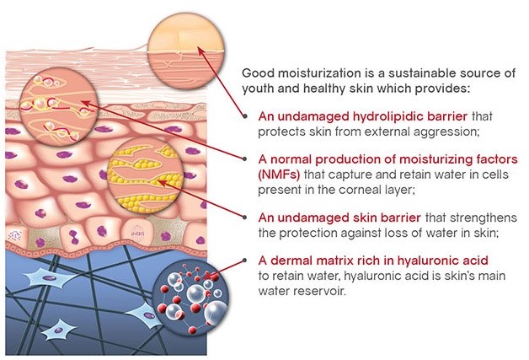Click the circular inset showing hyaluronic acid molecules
(x=190, y=297)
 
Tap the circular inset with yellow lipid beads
(x=145, y=175)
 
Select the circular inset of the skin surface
(x=186, y=51)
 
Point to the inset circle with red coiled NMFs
(x=59, y=107)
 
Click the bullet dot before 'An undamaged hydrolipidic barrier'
(x=245, y=116)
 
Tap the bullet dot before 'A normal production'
(x=245, y=159)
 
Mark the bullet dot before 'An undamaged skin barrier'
(x=245, y=218)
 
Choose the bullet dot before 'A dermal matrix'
(x=245, y=261)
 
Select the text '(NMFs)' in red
(x=279, y=175)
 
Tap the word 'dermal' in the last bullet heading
(x=291, y=261)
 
